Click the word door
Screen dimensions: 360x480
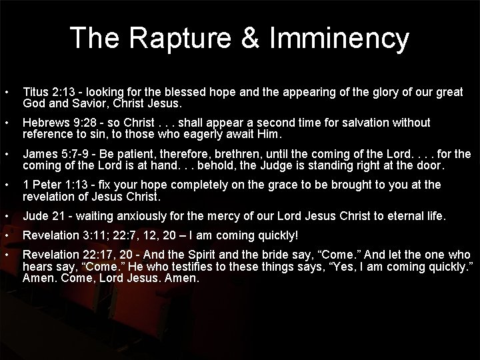coord(433,166)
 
